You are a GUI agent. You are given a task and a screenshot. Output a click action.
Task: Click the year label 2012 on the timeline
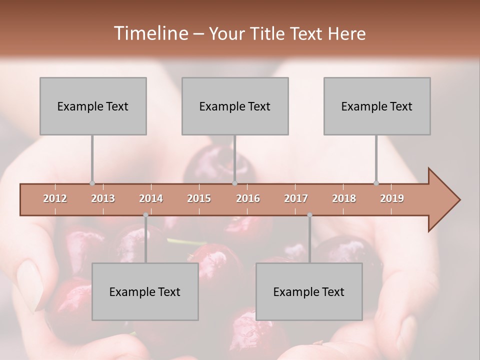(x=55, y=198)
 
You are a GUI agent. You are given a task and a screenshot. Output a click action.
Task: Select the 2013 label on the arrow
(x=103, y=198)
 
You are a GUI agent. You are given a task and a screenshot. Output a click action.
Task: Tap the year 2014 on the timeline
(x=151, y=198)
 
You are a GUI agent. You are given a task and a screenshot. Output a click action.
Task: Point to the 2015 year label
(x=199, y=198)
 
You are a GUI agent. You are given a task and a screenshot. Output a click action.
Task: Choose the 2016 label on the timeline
(x=248, y=198)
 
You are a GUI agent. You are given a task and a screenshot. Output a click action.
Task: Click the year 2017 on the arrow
(x=296, y=198)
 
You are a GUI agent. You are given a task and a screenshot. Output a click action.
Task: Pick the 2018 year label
(x=344, y=198)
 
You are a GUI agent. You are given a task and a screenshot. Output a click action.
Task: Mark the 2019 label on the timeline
(x=392, y=198)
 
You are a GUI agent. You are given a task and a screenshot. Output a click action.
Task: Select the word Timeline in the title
(x=149, y=33)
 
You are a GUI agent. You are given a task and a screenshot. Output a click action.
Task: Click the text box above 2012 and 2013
(x=93, y=106)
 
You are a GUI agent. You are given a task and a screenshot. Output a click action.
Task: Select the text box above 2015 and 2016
(x=235, y=106)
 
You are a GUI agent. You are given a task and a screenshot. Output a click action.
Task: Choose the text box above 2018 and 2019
(x=377, y=106)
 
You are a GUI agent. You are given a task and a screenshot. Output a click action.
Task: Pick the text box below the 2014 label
(x=145, y=291)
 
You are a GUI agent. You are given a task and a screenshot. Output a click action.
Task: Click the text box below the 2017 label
(x=309, y=291)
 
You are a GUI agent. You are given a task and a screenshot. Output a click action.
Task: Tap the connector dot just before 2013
(x=92, y=183)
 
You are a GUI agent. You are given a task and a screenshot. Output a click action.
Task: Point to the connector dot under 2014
(x=145, y=215)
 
